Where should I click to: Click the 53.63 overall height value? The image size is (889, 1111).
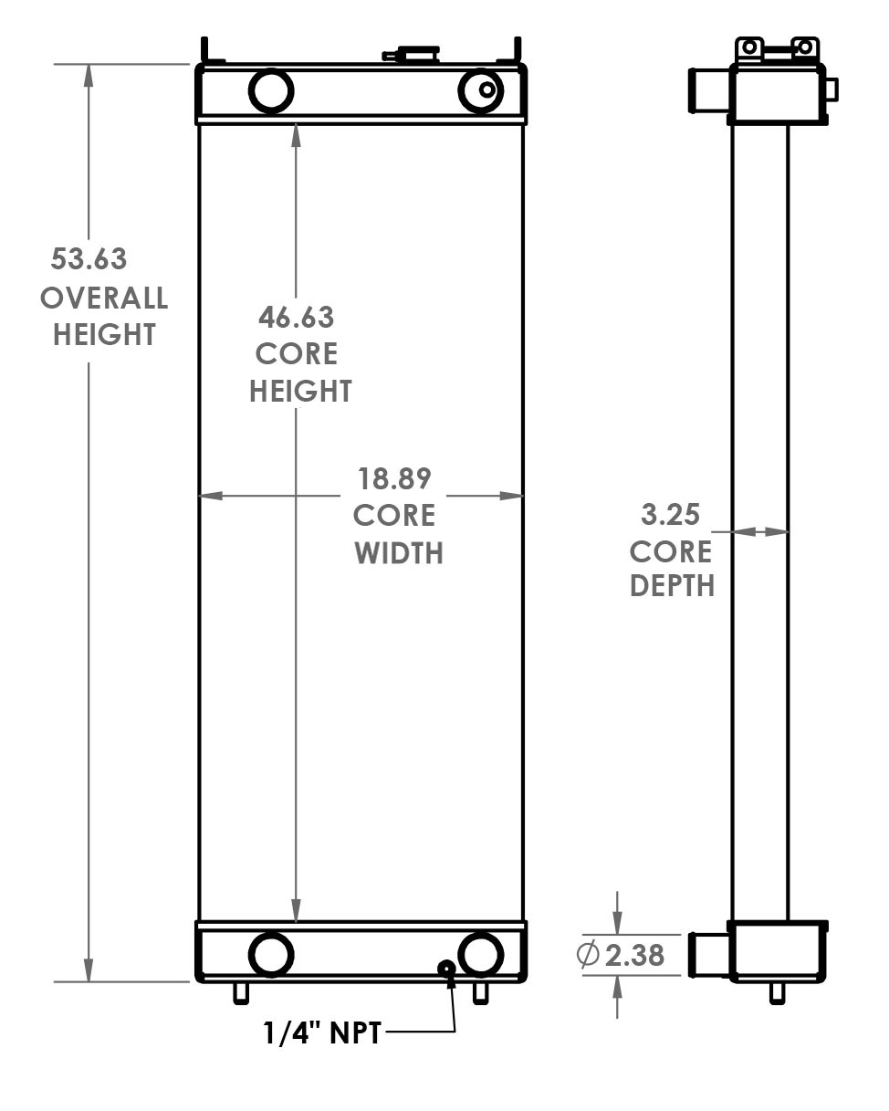pyautogui.click(x=89, y=259)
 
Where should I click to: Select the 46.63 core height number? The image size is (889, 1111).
pyautogui.click(x=296, y=318)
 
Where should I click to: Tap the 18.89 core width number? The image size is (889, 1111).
pyautogui.click(x=394, y=478)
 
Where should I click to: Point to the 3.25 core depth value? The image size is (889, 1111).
pyautogui.click(x=670, y=515)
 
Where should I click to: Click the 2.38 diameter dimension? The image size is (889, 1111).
pyautogui.click(x=634, y=956)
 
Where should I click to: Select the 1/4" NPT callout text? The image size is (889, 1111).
pyautogui.click(x=322, y=1033)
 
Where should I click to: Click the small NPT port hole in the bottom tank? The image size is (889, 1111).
pyautogui.click(x=447, y=969)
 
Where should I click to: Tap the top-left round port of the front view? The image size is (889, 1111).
pyautogui.click(x=271, y=90)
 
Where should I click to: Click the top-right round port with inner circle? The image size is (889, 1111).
pyautogui.click(x=481, y=90)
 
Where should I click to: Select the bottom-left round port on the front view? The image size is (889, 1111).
pyautogui.click(x=271, y=955)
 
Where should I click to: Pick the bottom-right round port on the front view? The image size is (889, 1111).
pyautogui.click(x=481, y=955)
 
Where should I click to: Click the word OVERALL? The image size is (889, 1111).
pyautogui.click(x=104, y=298)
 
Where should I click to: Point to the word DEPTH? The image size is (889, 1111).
pyautogui.click(x=672, y=586)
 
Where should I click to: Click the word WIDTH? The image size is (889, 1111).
pyautogui.click(x=399, y=553)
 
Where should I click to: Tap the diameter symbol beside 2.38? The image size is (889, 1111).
pyautogui.click(x=589, y=956)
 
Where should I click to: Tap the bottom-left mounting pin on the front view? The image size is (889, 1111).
pyautogui.click(x=241, y=992)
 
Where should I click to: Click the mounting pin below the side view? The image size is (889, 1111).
pyautogui.click(x=778, y=992)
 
